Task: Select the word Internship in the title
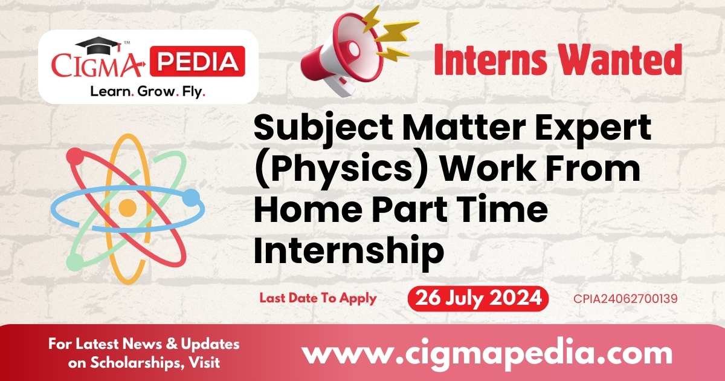pos(349,249)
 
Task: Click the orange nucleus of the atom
pos(127,209)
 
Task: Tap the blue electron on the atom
pos(190,197)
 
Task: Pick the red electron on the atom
pos(75,157)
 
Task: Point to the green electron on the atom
pos(75,261)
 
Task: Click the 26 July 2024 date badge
pos(478,299)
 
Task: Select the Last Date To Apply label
pos(318,298)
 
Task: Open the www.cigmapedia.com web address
pos(486,353)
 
